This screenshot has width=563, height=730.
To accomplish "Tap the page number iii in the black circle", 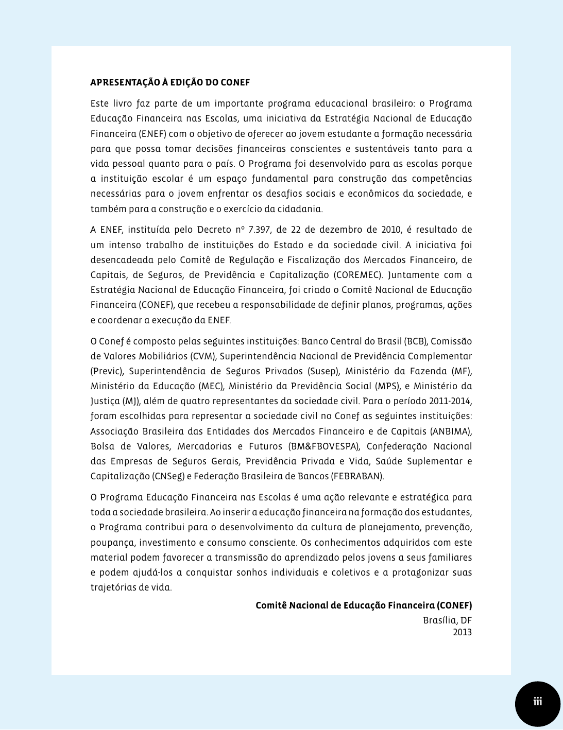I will (538, 702).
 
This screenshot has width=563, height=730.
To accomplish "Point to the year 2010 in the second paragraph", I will (391, 230).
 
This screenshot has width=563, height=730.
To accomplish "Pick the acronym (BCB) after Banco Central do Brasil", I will (415, 341).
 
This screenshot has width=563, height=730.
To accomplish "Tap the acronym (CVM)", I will (203, 356).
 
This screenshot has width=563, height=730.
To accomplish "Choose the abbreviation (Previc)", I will (107, 371).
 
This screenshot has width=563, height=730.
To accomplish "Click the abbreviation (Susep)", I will (323, 371).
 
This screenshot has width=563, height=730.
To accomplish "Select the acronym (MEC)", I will (211, 386).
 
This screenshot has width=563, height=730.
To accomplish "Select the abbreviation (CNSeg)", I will (168, 476).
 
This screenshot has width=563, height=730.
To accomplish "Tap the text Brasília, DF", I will (447, 620).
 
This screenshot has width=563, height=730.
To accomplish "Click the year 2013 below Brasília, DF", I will (462, 632).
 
